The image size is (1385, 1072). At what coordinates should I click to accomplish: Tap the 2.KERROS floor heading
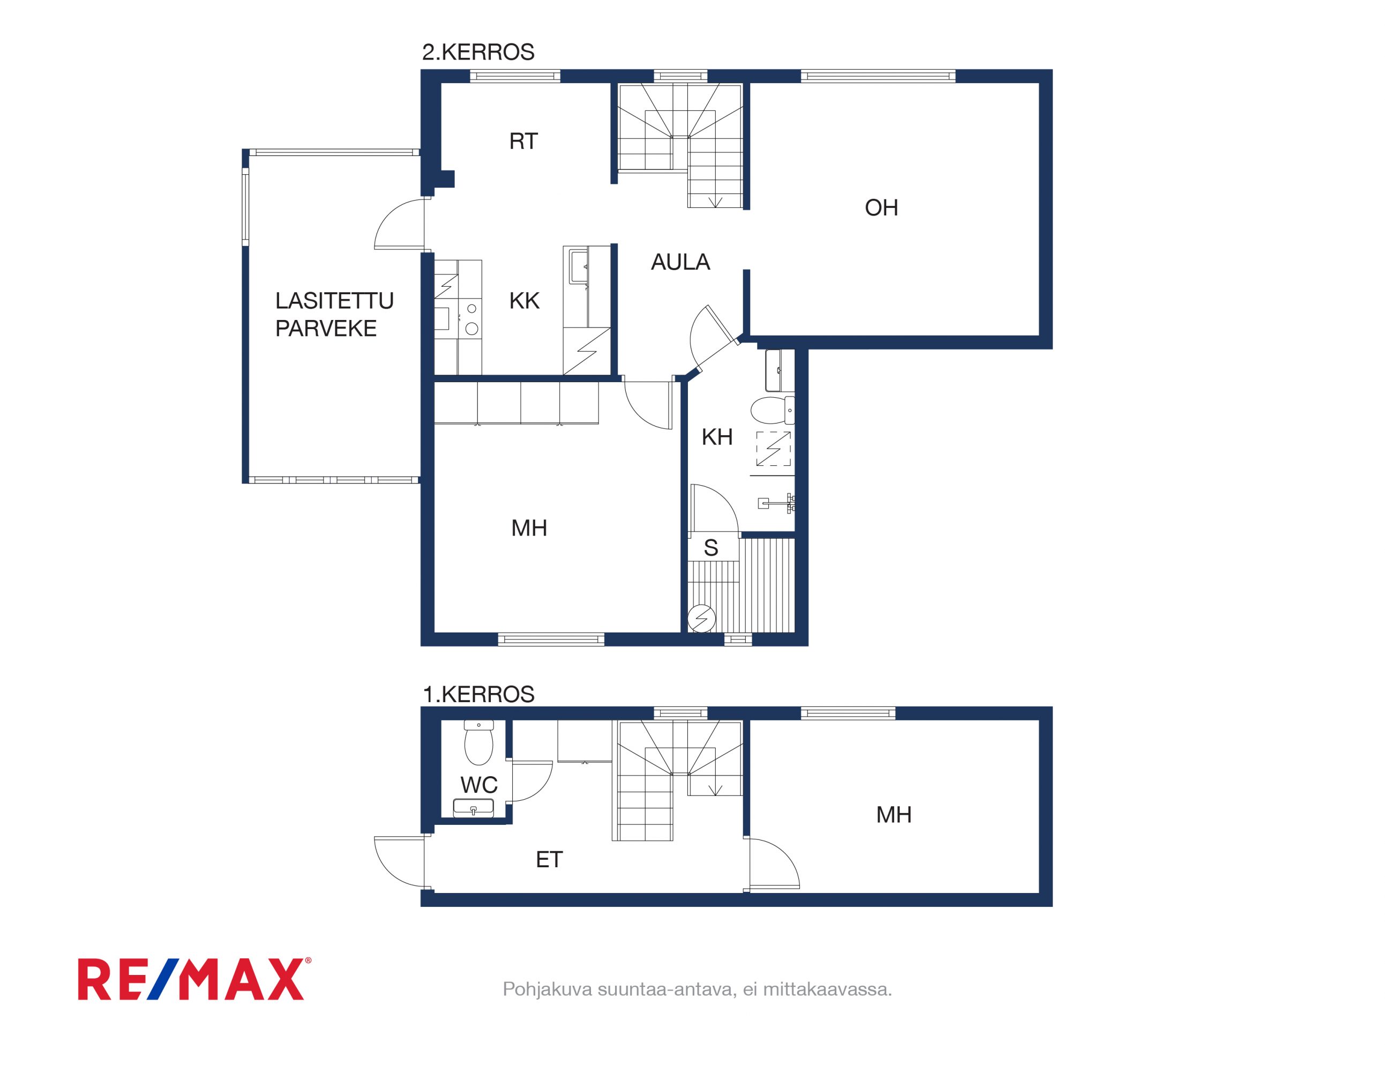(478, 52)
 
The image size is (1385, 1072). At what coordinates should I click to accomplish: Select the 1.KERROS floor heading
(478, 694)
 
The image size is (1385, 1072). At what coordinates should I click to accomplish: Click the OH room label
(881, 207)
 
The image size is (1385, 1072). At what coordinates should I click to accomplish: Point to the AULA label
(680, 262)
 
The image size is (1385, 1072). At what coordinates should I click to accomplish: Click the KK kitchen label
(525, 301)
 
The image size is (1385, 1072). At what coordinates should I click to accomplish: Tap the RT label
(523, 141)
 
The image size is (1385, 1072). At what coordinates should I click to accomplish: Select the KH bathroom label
(717, 437)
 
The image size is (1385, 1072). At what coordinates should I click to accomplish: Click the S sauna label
(711, 547)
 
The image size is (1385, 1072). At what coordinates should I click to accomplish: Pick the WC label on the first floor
(479, 785)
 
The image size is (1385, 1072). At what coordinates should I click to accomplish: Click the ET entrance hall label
(549, 860)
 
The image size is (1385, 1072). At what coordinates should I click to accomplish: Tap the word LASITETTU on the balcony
(334, 301)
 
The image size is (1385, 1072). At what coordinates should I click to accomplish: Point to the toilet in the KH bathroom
(773, 411)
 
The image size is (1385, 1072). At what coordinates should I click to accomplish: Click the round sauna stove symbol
(702, 619)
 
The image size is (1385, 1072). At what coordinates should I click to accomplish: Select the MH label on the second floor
(529, 528)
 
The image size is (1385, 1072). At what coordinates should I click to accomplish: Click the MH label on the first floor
(894, 815)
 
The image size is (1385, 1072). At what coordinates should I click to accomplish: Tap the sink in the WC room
(473, 808)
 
